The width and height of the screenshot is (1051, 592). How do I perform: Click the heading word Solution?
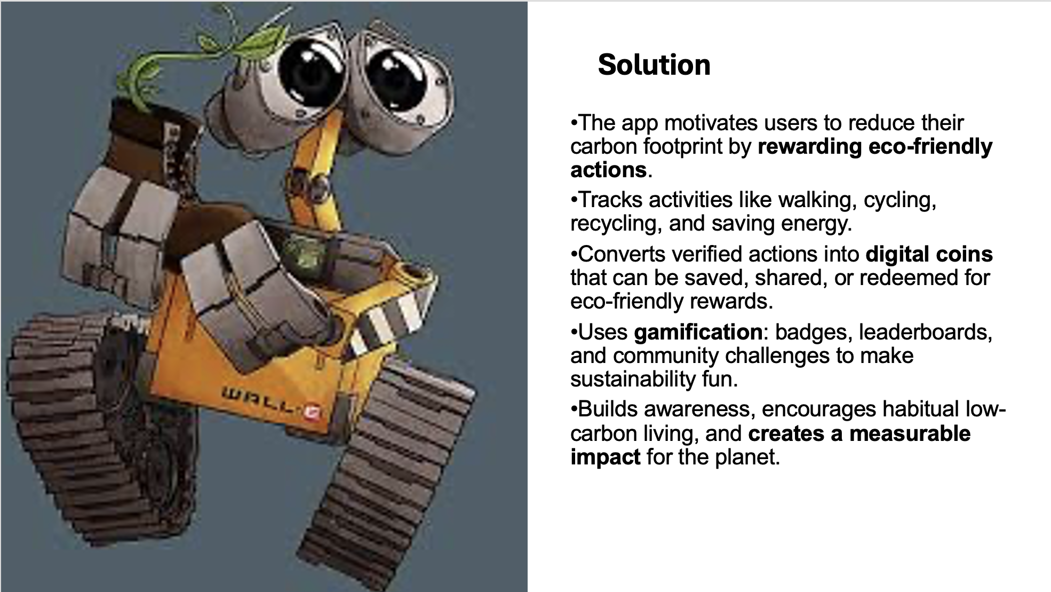pyautogui.click(x=654, y=65)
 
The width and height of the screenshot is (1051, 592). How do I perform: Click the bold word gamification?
pyautogui.click(x=698, y=332)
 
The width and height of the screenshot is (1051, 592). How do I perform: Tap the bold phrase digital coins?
pyautogui.click(x=929, y=254)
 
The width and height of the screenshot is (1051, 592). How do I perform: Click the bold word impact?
pyautogui.click(x=605, y=457)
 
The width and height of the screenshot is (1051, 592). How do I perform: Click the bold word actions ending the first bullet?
pyautogui.click(x=608, y=170)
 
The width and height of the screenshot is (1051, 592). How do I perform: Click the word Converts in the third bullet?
pyautogui.click(x=622, y=254)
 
